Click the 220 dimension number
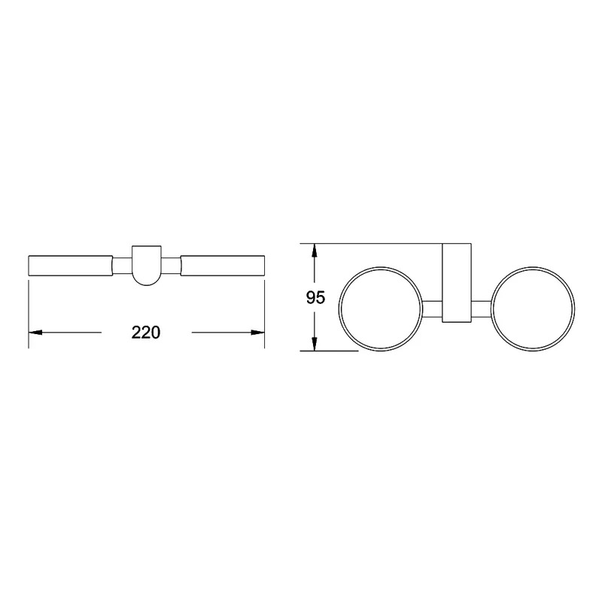[x=146, y=333]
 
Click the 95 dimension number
[x=315, y=297]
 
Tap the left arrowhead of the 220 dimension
[x=35, y=333]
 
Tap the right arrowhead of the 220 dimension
[x=257, y=333]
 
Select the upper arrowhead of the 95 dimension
[x=315, y=251]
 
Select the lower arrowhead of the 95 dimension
[x=315, y=343]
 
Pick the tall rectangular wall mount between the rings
[x=457, y=283]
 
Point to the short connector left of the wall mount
[x=432, y=309]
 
